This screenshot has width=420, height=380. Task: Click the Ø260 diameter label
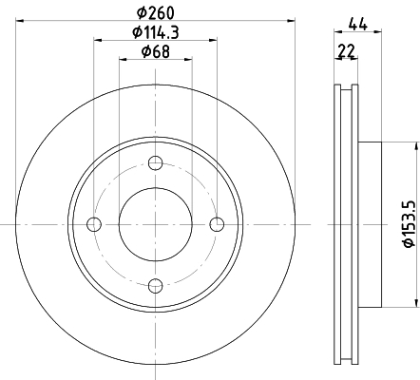(156, 12)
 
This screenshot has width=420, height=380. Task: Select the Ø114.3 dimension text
(156, 32)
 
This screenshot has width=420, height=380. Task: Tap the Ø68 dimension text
(156, 51)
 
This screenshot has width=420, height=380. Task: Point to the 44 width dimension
(358, 25)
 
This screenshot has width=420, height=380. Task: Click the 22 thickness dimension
(347, 50)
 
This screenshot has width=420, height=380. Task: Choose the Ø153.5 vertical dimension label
(409, 224)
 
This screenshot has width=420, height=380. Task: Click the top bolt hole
(156, 162)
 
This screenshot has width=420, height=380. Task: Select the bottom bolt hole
(156, 286)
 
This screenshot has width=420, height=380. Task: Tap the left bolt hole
(94, 224)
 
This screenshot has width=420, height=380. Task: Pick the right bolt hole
(217, 224)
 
